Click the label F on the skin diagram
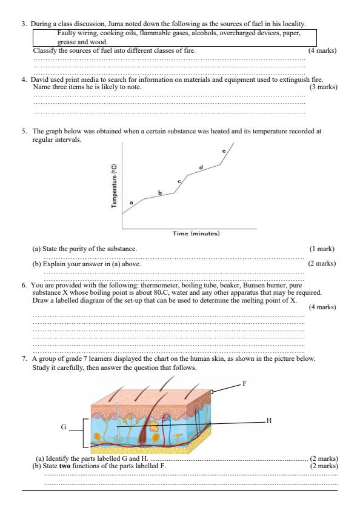tap(244, 383)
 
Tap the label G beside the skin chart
tap(64, 427)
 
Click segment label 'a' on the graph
tap(132, 202)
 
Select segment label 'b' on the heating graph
tap(160, 192)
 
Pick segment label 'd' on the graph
tap(201, 166)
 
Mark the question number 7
tap(24, 358)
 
